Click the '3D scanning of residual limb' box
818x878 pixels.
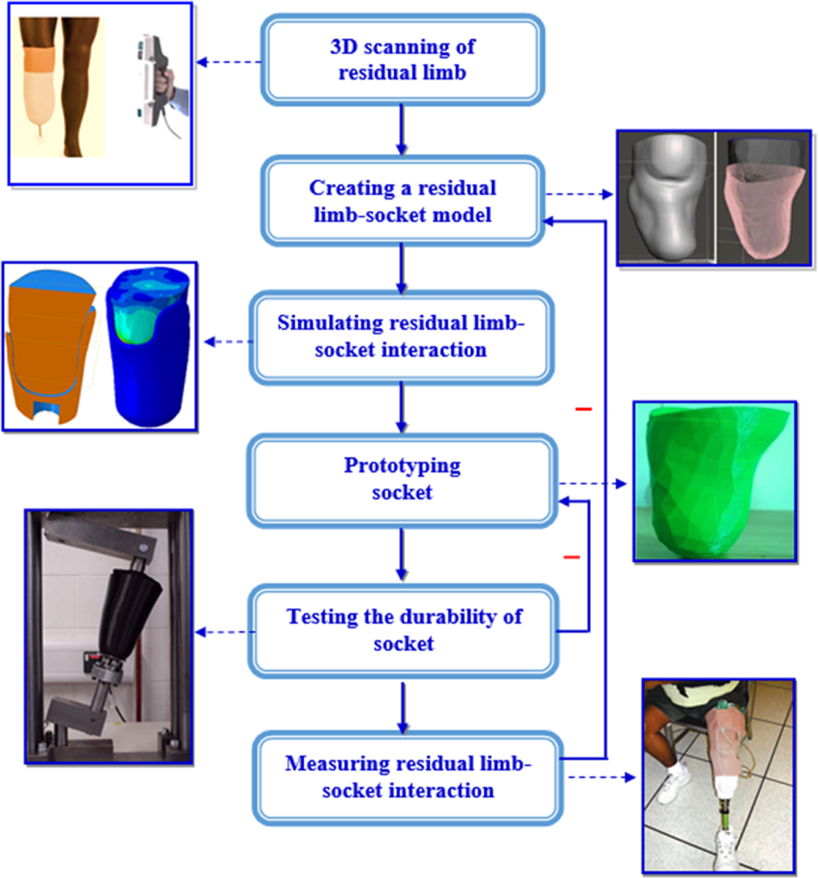(x=402, y=60)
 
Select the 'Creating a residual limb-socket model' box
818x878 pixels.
(x=402, y=201)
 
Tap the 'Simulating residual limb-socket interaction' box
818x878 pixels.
(x=401, y=336)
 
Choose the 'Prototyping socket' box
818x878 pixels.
(x=402, y=479)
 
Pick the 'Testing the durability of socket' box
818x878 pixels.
(x=404, y=630)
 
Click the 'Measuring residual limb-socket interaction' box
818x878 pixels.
(x=408, y=777)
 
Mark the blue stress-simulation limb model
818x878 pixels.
(x=147, y=348)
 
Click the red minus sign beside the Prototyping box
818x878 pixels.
(x=583, y=409)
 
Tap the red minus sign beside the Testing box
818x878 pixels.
(x=571, y=558)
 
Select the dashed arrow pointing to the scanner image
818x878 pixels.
(x=228, y=62)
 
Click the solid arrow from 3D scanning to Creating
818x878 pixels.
(x=402, y=130)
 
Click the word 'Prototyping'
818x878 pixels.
(x=402, y=466)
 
